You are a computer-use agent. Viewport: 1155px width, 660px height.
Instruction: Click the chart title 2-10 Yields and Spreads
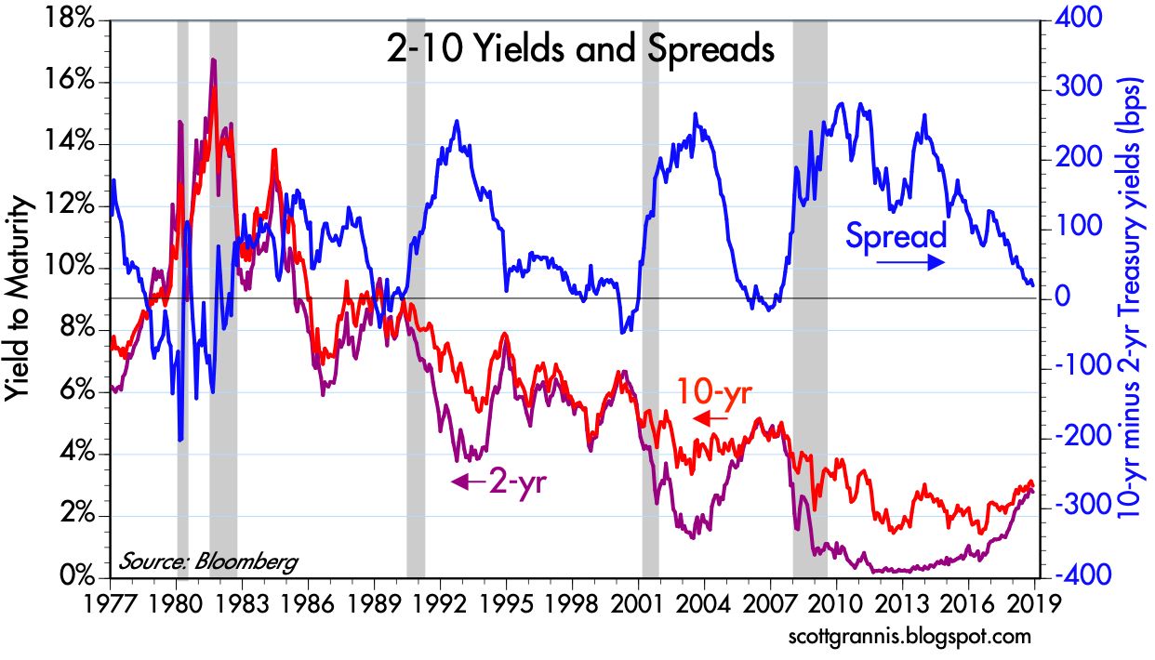(x=580, y=48)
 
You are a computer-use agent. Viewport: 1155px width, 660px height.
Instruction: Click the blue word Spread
(x=895, y=236)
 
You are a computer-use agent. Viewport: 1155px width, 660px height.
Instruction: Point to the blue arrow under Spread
(x=909, y=263)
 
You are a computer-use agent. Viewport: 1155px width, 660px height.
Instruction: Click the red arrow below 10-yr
(x=711, y=419)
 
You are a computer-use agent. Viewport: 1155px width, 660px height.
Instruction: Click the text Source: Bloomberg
(x=208, y=561)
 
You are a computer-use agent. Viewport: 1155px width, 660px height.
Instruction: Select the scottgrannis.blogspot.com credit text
(x=905, y=638)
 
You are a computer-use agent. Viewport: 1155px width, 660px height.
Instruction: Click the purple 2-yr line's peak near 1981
(x=213, y=61)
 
